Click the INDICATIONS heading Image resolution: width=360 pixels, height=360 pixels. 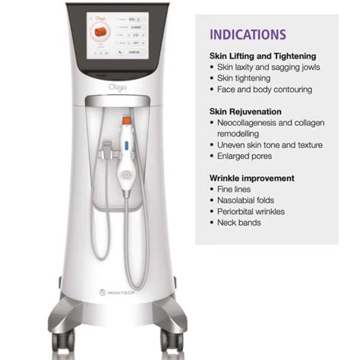248,35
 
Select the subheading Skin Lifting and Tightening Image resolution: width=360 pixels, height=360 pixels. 264,56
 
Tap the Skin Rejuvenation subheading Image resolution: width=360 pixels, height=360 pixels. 245,111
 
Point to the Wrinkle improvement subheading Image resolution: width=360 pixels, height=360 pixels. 253,178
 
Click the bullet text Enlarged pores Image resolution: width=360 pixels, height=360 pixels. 250,156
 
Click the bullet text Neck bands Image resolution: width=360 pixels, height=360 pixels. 240,223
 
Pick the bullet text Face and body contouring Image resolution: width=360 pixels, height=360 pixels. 264,90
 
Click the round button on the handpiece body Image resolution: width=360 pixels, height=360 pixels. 125,144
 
